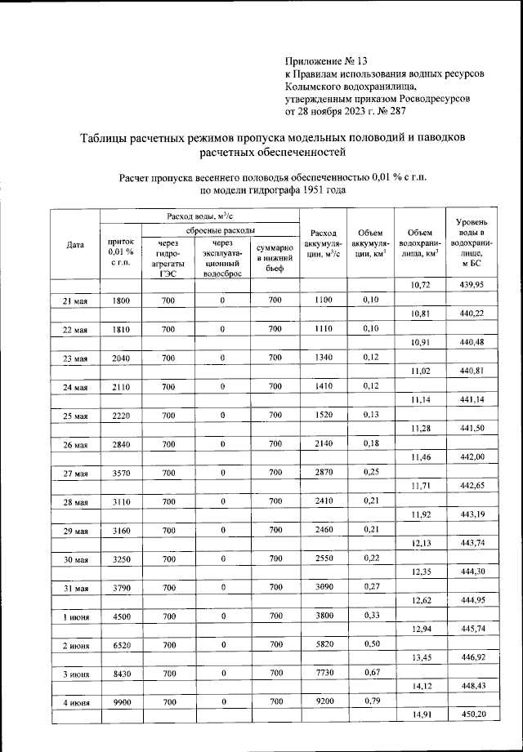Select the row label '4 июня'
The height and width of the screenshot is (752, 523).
[75, 701]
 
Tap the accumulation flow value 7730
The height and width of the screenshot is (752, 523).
[324, 673]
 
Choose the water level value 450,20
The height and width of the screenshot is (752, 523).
[472, 716]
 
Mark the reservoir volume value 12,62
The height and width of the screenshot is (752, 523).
[421, 602]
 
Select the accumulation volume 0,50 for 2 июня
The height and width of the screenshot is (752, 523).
[370, 644]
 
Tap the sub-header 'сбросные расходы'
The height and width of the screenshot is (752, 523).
[220, 231]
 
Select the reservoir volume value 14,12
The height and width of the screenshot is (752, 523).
[421, 687]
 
